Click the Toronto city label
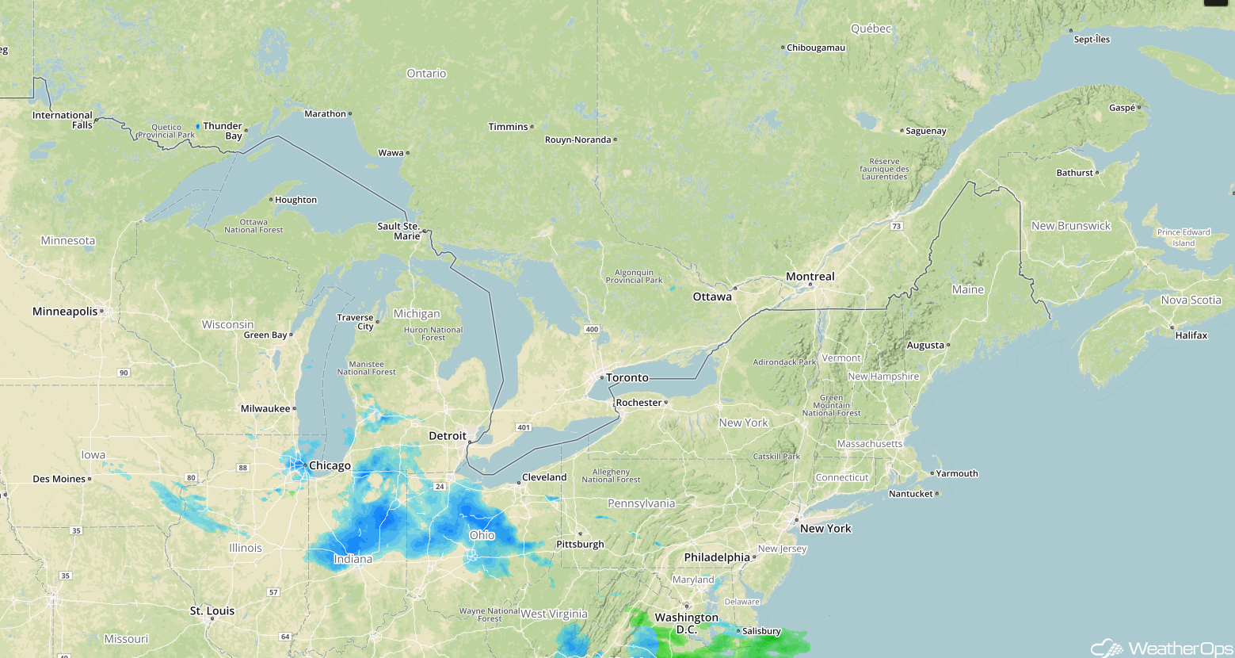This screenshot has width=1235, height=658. coord(627,378)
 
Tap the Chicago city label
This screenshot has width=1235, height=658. coord(330,466)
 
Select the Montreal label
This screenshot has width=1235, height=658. coord(810,277)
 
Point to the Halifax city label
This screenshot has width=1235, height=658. coord(1191,335)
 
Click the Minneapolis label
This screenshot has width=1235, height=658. coord(65,312)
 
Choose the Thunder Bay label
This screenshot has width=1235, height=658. coord(223,131)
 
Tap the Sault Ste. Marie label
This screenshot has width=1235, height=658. coord(398,231)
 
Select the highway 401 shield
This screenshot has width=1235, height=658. coord(523,427)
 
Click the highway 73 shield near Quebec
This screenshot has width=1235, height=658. coord(896,226)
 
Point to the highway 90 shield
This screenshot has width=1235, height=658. coord(124,373)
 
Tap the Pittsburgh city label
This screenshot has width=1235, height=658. coord(580,545)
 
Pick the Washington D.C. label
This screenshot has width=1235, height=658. coord(686,623)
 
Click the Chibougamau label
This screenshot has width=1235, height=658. coord(815,48)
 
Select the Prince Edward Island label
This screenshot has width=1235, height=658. coord(1184,238)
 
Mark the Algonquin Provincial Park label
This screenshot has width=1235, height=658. coord(634,276)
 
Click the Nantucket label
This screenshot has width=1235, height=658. coord(910,494)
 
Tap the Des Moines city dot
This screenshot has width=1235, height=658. coord(90,479)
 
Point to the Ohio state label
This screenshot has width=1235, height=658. coord(482,535)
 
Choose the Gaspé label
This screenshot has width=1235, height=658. coord(1122,108)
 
